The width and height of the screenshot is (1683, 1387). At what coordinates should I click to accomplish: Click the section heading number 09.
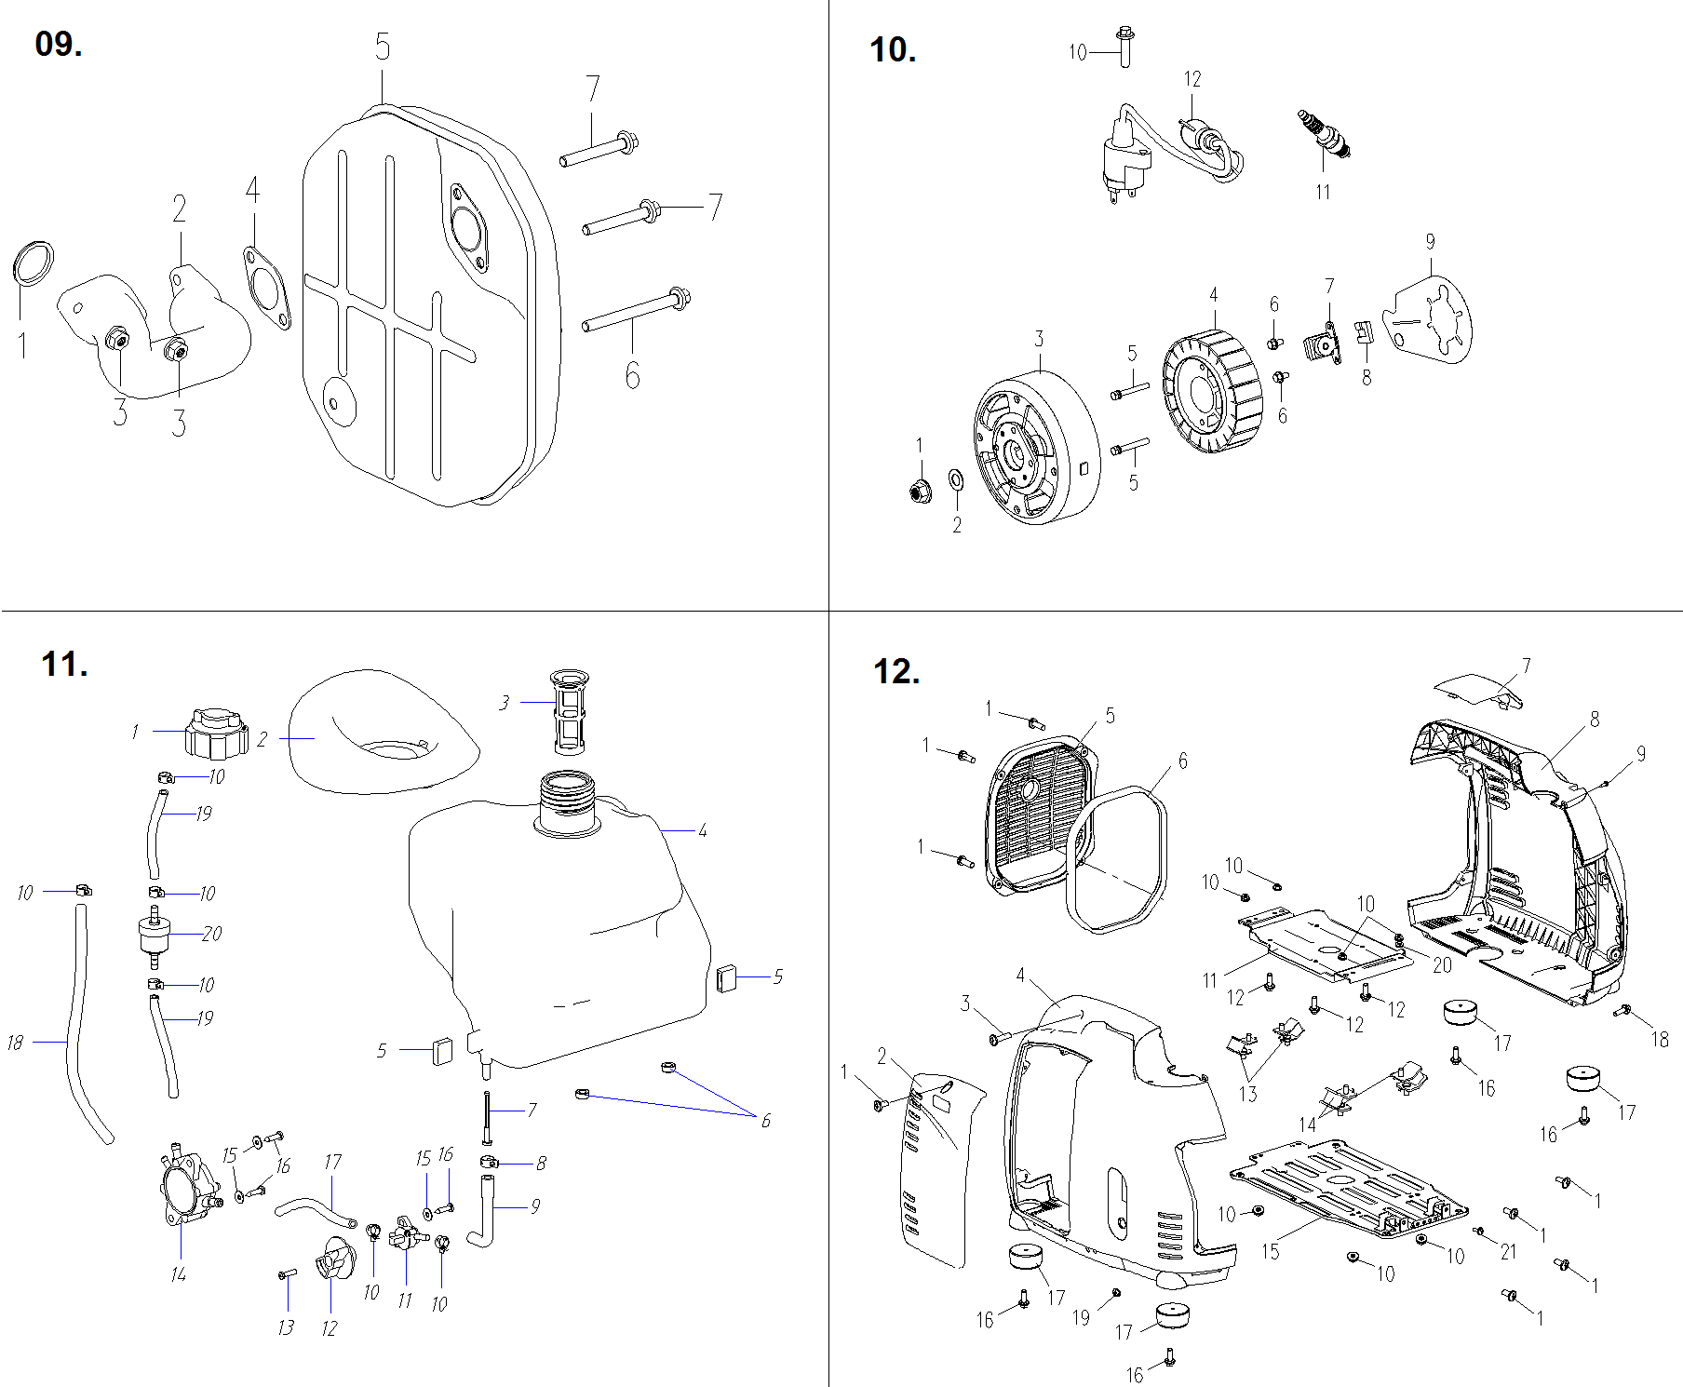click(x=58, y=44)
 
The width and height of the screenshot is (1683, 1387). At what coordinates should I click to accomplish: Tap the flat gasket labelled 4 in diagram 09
click(x=266, y=286)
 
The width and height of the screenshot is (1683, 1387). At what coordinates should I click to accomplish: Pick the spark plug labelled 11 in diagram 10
click(x=1324, y=134)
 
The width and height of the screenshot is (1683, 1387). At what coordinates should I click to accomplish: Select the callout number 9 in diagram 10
click(x=1430, y=242)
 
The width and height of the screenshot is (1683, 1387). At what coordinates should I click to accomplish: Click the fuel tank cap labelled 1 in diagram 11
click(x=216, y=734)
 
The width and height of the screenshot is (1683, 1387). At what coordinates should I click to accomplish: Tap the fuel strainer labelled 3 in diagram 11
click(x=568, y=711)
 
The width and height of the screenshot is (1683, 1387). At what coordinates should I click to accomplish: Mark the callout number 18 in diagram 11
click(x=15, y=1043)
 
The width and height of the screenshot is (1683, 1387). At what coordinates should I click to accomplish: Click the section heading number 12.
click(x=896, y=671)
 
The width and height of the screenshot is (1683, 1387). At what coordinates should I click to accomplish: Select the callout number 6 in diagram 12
click(x=1182, y=761)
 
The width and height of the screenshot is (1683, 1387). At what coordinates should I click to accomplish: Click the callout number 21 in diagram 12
click(x=1508, y=1252)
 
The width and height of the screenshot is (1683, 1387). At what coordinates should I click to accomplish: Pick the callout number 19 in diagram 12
click(x=1081, y=1317)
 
